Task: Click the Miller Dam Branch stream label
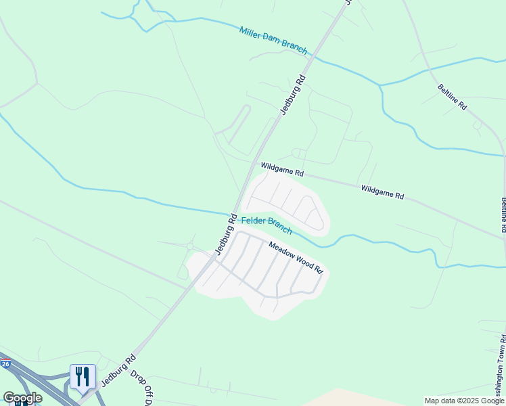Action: (x=273, y=41)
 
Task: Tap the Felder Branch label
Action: (x=267, y=225)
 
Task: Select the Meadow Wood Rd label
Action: (x=296, y=257)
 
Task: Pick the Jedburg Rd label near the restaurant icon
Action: (x=119, y=370)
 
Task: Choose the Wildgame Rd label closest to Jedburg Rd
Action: (x=282, y=169)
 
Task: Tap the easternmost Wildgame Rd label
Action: (x=382, y=191)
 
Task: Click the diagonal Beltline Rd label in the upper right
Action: (x=452, y=97)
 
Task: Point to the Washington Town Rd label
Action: (x=501, y=366)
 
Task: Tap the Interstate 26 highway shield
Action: (x=5, y=364)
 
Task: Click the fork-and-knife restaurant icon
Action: (x=83, y=377)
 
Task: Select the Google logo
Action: (x=22, y=398)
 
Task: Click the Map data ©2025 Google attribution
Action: (x=463, y=401)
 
